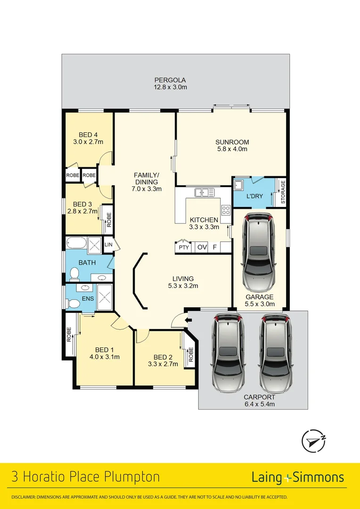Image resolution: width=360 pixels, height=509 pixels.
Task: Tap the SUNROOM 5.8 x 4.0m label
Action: point(232,145)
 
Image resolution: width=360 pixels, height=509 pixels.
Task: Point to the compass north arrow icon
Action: point(313,441)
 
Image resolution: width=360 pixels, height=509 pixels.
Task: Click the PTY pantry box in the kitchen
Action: point(183,247)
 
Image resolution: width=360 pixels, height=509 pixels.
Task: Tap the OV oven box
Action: point(202,247)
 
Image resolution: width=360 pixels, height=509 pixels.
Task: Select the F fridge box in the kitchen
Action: point(214,247)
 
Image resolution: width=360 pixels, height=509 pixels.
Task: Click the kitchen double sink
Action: point(205,192)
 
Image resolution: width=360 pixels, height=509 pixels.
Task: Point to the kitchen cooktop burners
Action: point(226,210)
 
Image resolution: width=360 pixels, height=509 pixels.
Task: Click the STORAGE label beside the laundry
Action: point(283,192)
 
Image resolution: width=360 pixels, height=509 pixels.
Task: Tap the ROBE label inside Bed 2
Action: point(191,354)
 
